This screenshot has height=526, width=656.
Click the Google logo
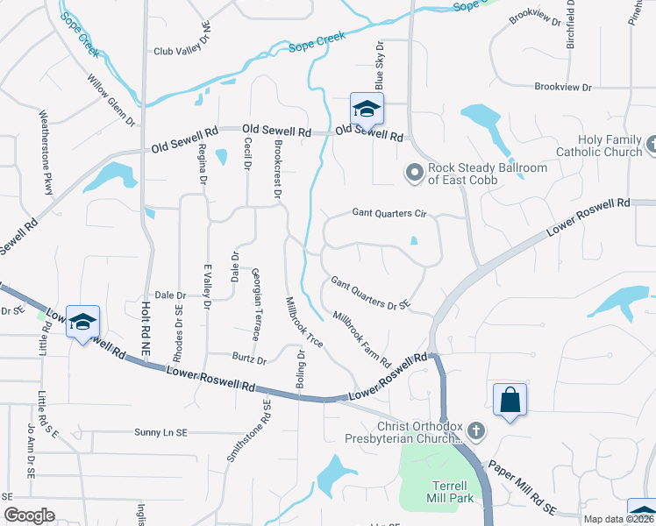click(x=29, y=515)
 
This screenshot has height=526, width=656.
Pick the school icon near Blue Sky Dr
click(x=366, y=110)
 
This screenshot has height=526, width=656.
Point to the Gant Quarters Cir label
click(x=389, y=212)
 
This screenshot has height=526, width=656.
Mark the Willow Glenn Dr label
click(x=111, y=100)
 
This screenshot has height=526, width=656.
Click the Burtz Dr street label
click(x=249, y=359)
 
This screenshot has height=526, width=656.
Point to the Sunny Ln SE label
click(x=161, y=433)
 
